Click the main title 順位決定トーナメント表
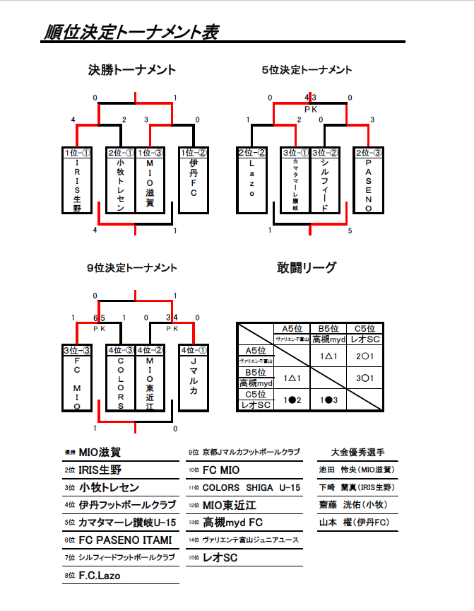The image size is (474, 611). [131, 33]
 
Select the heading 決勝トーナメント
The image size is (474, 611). [132, 70]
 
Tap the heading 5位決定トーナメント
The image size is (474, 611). [307, 70]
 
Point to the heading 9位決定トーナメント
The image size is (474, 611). [132, 268]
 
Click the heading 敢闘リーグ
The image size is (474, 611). [307, 268]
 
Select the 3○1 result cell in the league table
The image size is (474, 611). [365, 378]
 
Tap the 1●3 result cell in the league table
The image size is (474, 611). [328, 400]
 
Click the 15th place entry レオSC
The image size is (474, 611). [220, 558]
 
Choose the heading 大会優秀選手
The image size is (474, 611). [357, 452]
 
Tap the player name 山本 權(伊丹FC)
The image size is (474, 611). [357, 523]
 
